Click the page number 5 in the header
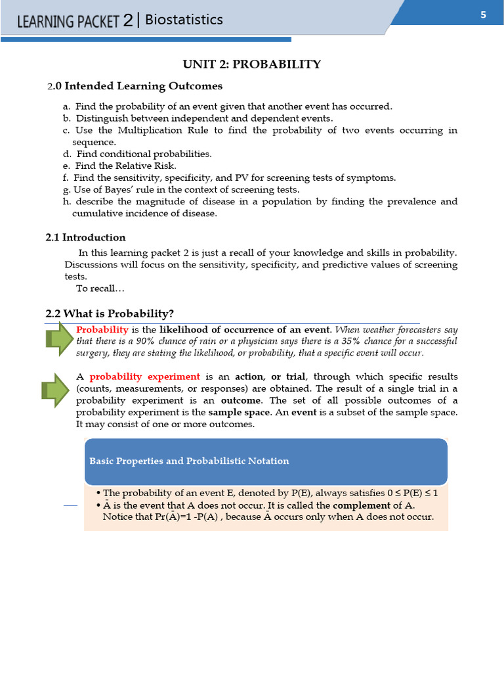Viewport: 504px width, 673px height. click(483, 15)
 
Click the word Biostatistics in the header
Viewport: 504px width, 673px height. click(184, 20)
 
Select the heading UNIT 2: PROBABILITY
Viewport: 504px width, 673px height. click(251, 64)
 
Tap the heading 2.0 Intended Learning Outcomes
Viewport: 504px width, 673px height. click(135, 86)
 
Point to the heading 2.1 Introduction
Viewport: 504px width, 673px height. click(85, 237)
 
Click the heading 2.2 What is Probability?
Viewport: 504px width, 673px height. click(110, 313)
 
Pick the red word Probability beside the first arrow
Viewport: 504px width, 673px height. click(102, 329)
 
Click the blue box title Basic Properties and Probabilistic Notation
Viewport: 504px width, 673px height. click(189, 461)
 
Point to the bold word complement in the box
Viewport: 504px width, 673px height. click(362, 505)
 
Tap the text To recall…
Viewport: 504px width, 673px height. click(100, 289)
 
